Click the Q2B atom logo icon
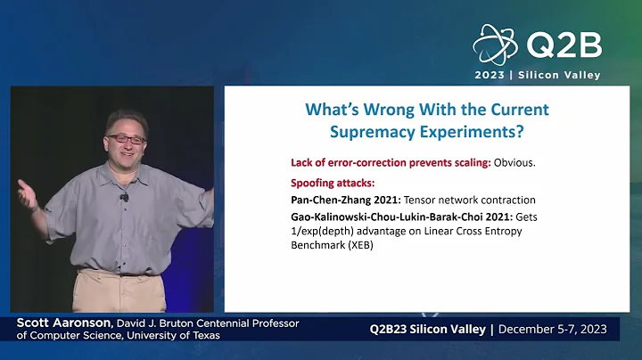[495, 44]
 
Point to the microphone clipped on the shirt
[124, 197]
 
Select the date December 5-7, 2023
[553, 329]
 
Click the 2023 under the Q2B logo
[491, 75]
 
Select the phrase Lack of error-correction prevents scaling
[391, 163]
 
